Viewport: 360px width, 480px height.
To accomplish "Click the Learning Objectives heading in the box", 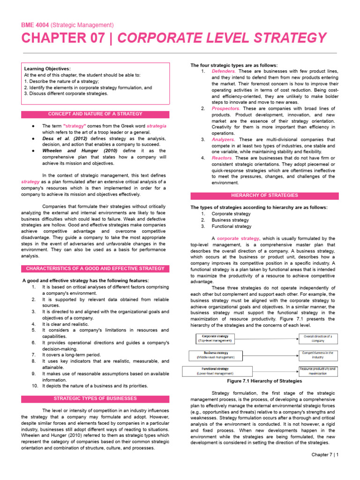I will pos(47,68).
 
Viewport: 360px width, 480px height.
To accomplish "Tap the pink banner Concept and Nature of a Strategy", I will pos(95,114).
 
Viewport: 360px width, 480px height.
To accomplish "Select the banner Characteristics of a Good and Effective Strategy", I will pos(95,269).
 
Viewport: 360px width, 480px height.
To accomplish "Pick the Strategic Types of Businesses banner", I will pos(95,398).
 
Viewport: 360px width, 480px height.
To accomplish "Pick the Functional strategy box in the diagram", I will pos(214,371).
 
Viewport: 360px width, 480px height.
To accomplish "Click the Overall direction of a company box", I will pos(317,338).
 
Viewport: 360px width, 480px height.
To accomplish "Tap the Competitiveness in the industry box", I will pos(317,355).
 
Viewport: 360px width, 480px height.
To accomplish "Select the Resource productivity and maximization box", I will pos(317,371).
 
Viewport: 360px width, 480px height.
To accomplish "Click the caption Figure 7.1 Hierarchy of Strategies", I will pos(264,381).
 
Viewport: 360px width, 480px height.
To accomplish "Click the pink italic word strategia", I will pos(156,126).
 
